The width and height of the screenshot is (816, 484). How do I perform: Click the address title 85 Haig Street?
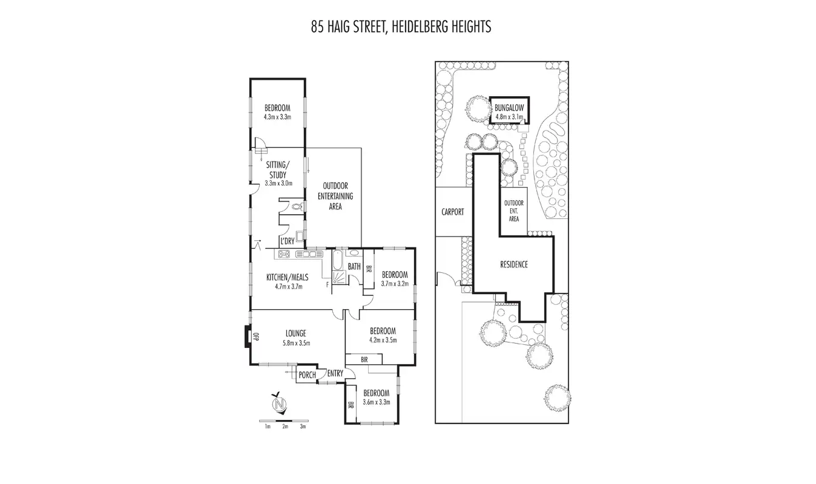click(401, 27)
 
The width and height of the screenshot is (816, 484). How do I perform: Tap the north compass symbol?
click(279, 404)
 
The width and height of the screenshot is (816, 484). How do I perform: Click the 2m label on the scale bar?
click(285, 427)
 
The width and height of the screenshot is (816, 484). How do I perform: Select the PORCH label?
click(307, 375)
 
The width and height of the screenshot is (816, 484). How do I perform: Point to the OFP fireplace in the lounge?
click(255, 337)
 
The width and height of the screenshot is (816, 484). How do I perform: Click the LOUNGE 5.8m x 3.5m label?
click(296, 338)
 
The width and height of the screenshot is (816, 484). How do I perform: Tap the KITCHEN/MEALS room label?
click(288, 282)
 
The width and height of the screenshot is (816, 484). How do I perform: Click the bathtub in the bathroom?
click(337, 263)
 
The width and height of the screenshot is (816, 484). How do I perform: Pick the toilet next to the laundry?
click(297, 207)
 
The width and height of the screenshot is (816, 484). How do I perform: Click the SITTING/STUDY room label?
click(278, 174)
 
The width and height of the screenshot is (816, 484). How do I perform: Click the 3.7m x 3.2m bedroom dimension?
click(395, 283)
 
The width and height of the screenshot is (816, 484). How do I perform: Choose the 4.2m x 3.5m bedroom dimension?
click(383, 340)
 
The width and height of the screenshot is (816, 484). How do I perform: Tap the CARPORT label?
click(453, 212)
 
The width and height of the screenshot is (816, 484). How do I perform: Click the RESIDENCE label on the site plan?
click(514, 264)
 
